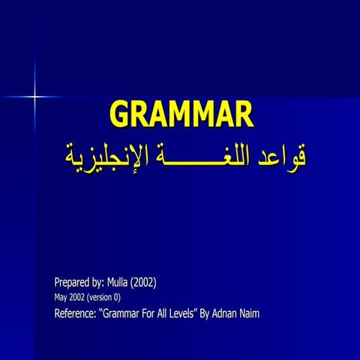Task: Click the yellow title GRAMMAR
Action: coord(181,114)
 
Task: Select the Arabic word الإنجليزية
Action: coord(94,155)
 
